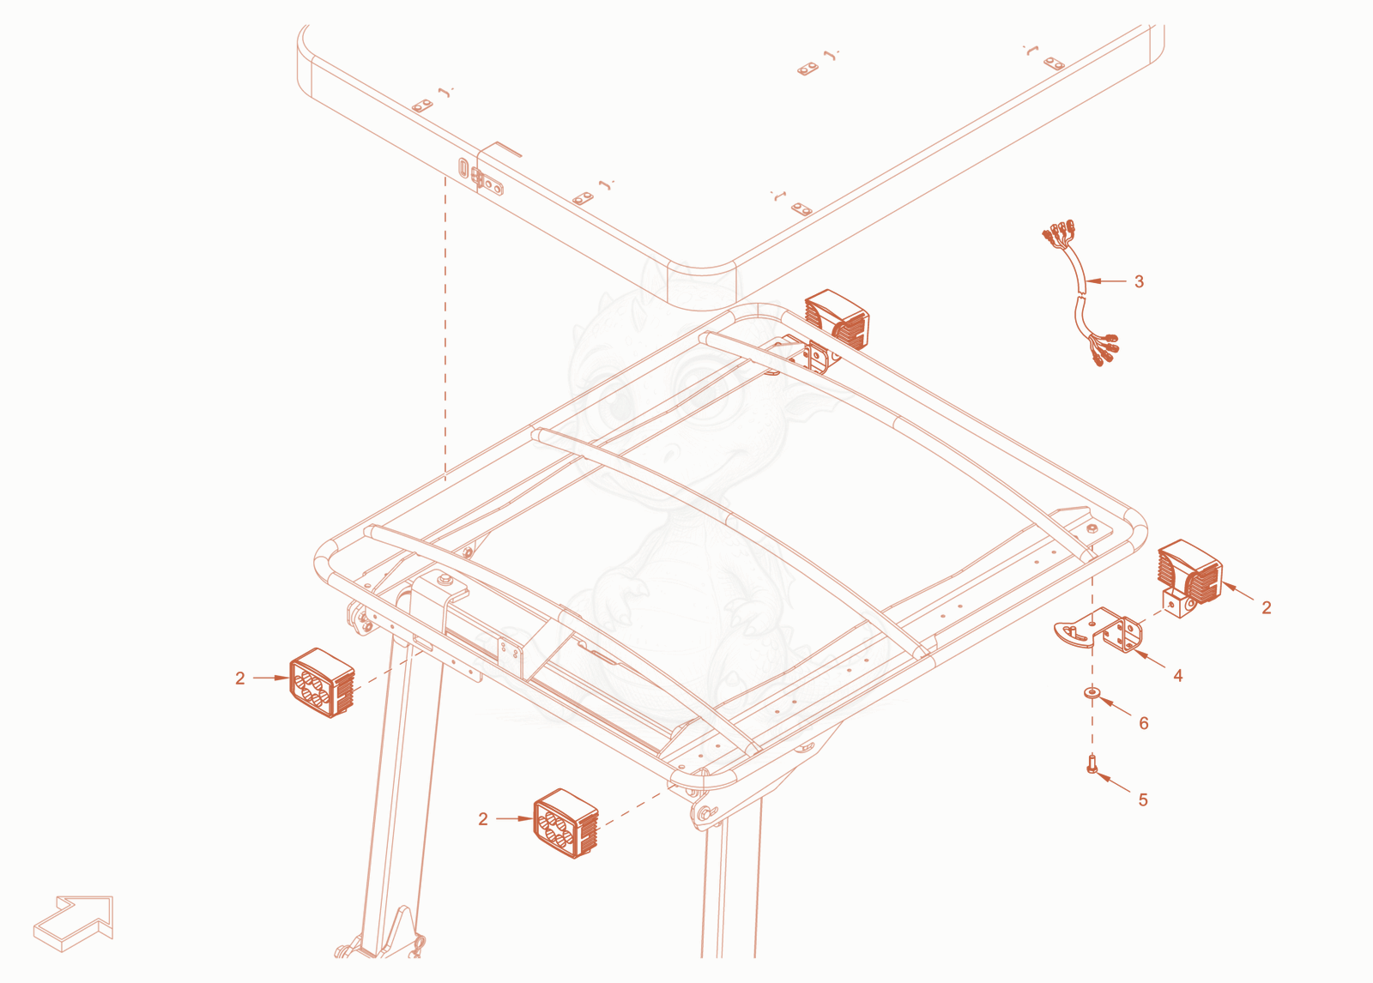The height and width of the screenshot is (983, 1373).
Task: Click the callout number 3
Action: pos(1139,282)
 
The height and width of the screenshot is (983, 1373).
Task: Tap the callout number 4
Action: pos(1177,676)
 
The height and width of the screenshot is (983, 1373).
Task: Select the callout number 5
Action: pos(1143,799)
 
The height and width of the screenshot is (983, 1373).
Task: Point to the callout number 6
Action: pos(1144,723)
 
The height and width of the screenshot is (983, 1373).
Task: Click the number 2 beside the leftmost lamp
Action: pos(239,678)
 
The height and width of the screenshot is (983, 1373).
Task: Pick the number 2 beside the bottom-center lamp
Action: pos(483,819)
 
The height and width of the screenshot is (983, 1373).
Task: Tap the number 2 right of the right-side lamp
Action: pos(1267,607)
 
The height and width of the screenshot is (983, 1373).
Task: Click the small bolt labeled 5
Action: pos(1092,763)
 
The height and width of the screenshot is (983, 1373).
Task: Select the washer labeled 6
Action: pos(1092,692)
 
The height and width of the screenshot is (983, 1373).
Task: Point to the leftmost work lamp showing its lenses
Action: pos(322,683)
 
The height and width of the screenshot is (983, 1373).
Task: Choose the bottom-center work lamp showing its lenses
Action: pos(566,823)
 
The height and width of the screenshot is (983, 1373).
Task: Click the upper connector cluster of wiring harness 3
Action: pos(1059,232)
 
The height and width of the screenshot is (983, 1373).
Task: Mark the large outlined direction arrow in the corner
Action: pos(74,924)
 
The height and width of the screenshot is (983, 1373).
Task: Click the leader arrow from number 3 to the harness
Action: pos(1106,281)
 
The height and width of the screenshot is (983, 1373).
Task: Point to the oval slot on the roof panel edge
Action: pos(463,167)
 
